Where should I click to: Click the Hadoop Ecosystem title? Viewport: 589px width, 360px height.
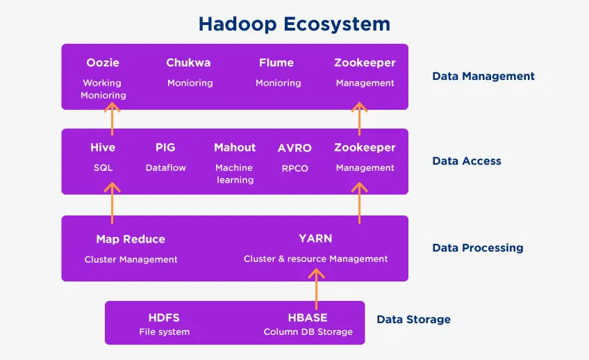pyautogui.click(x=294, y=24)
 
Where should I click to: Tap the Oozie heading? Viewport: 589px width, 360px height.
pyautogui.click(x=103, y=63)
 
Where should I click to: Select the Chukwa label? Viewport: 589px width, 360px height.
pyautogui.click(x=188, y=63)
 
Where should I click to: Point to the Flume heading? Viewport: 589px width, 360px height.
pyautogui.click(x=276, y=63)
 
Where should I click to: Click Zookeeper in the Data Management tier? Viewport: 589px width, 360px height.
pyautogui.click(x=365, y=63)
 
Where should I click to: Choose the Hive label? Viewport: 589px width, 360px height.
pyautogui.click(x=103, y=147)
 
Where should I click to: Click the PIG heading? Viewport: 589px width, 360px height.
pyautogui.click(x=165, y=147)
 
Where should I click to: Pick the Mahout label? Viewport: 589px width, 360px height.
pyautogui.click(x=235, y=147)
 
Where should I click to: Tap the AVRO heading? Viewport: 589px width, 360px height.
pyautogui.click(x=294, y=148)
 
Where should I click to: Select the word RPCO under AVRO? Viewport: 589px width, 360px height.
pyautogui.click(x=295, y=168)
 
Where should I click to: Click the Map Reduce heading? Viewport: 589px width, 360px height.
pyautogui.click(x=131, y=239)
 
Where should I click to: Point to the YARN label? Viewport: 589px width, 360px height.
pyautogui.click(x=315, y=238)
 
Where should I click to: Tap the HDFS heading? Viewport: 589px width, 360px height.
pyautogui.click(x=164, y=318)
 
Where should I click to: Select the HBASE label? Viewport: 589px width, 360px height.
pyautogui.click(x=308, y=318)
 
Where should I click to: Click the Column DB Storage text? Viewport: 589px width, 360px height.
pyautogui.click(x=308, y=332)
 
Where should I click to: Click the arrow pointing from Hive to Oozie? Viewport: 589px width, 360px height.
pyautogui.click(x=112, y=119)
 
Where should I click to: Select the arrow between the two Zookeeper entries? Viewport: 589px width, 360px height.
pyautogui.click(x=360, y=119)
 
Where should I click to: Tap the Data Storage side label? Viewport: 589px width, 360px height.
pyautogui.click(x=413, y=320)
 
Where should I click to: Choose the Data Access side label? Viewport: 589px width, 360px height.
pyautogui.click(x=467, y=161)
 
